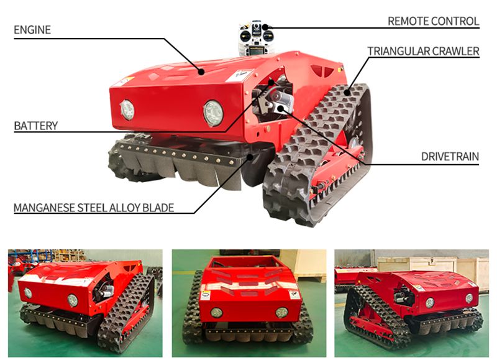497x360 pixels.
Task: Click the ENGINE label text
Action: [x=32, y=30]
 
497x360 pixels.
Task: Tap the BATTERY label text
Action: [x=35, y=126]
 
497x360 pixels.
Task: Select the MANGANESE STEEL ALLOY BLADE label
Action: [x=94, y=207]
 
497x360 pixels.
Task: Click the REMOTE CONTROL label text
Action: [x=433, y=21]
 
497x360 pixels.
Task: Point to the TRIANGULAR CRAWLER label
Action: [x=423, y=51]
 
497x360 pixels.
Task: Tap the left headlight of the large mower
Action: [x=127, y=110]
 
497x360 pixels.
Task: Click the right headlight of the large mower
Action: [x=212, y=113]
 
